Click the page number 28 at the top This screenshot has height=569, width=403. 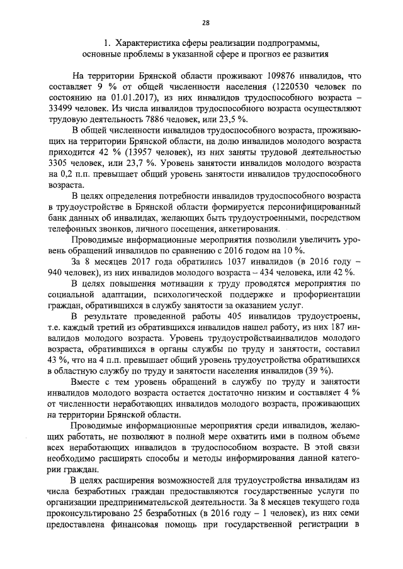205,23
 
